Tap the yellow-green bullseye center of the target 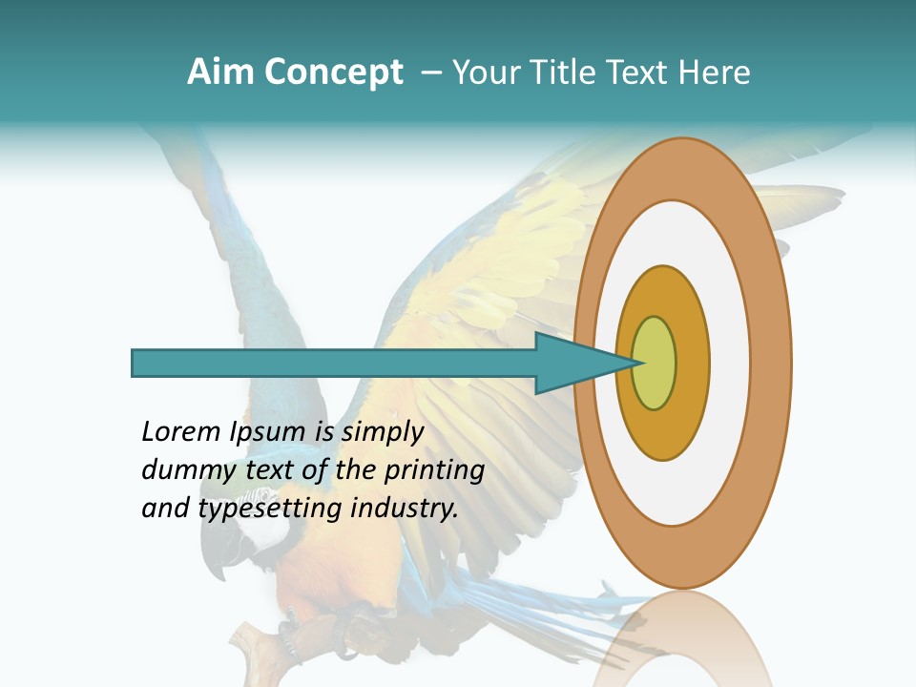655,363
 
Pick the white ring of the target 730,363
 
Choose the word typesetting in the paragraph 270,509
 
